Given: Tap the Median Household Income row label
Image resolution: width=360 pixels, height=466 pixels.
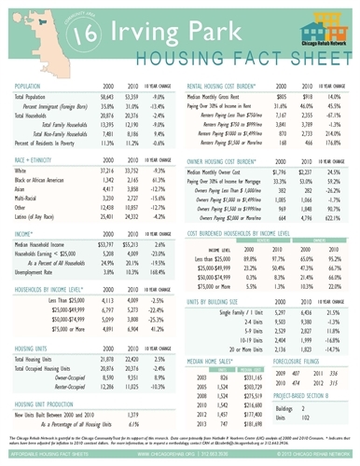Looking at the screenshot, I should pos(48,241).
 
